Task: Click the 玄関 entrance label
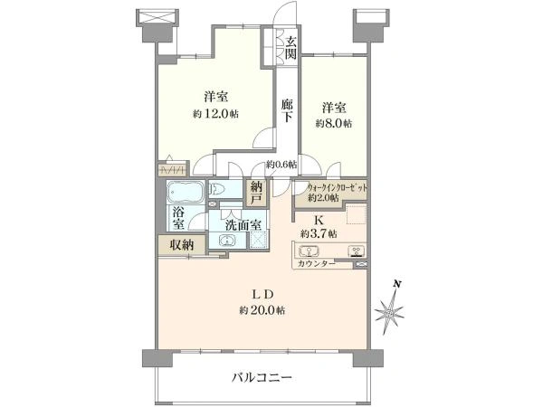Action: click(291, 47)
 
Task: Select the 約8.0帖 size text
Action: click(334, 123)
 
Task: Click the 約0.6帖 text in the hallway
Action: click(281, 164)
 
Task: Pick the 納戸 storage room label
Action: click(256, 191)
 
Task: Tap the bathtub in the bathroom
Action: click(185, 193)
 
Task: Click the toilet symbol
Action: click(216, 190)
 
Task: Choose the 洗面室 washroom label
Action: click(243, 224)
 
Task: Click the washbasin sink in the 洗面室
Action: click(226, 241)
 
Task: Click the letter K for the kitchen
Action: click(319, 219)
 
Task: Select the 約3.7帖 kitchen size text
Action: click(319, 234)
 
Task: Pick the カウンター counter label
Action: click(316, 263)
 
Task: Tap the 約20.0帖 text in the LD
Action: click(262, 309)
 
